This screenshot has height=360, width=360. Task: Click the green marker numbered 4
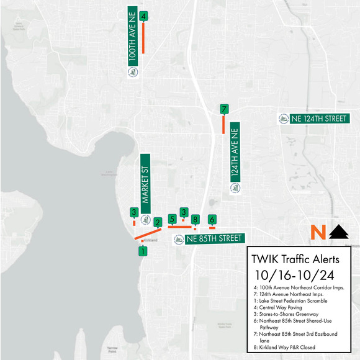pos(143,16)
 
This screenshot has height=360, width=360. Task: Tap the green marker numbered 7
pos(223,109)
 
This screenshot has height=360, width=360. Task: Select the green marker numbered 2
pos(158,222)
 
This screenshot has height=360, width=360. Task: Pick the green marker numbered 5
pos(172,218)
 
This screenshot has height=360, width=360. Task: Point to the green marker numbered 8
pos(195,219)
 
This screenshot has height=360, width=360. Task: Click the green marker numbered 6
pos(212,219)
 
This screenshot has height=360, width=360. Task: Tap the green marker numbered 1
pos(143,251)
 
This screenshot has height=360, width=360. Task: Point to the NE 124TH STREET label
pos(310,119)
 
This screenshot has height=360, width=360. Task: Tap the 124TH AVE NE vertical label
pos(235,158)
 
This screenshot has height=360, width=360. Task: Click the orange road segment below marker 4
pos(143,38)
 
